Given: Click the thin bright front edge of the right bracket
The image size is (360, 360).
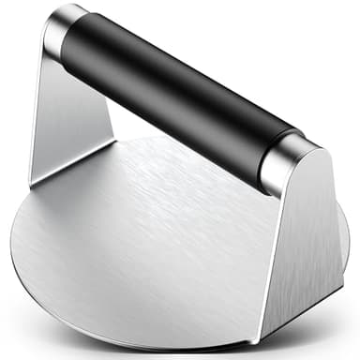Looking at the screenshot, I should point(263,262).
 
